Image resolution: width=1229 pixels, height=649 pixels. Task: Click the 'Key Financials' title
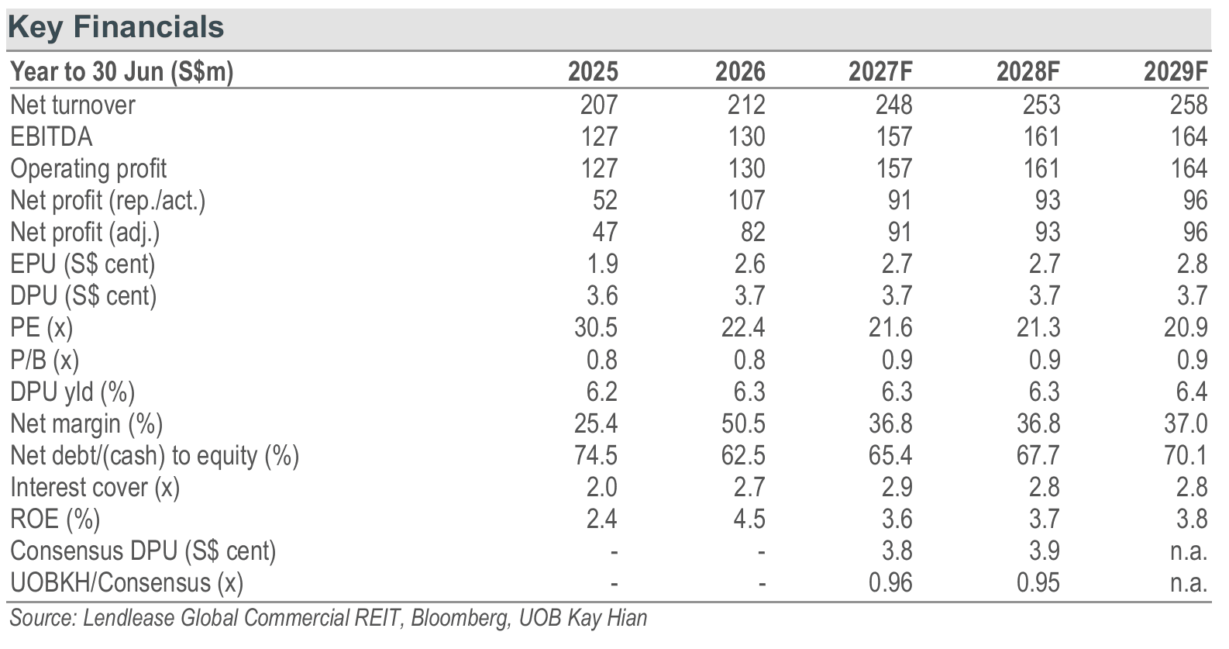click(x=115, y=27)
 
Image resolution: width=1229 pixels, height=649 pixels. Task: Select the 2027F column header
click(x=880, y=72)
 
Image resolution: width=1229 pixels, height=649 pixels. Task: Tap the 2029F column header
click(x=1176, y=72)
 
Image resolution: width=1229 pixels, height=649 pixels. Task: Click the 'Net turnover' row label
click(x=72, y=105)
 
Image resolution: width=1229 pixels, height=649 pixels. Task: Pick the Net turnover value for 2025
click(x=599, y=105)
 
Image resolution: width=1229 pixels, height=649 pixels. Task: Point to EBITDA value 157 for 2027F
click(x=894, y=136)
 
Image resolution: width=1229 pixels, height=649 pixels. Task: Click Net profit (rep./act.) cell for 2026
click(x=747, y=200)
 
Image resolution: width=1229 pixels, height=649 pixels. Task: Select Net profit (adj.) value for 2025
click(x=605, y=233)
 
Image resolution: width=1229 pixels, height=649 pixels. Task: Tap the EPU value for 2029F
click(x=1193, y=264)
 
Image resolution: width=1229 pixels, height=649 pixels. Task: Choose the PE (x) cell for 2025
click(x=596, y=328)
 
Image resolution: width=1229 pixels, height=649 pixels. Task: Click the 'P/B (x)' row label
click(x=44, y=361)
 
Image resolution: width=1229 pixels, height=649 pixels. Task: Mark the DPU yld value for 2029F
click(x=1193, y=392)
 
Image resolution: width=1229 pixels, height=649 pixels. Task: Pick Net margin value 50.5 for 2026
click(x=743, y=423)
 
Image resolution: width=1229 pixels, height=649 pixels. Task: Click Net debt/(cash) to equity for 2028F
click(x=1038, y=455)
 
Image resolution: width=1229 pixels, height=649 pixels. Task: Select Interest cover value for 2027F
click(x=897, y=487)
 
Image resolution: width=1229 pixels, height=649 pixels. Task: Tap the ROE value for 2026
click(x=749, y=519)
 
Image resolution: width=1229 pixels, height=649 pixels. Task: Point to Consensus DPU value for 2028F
click(x=1045, y=551)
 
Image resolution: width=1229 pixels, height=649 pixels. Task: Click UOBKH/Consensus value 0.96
click(x=890, y=582)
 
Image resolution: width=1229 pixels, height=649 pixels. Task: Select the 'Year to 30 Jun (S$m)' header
click(x=122, y=72)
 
